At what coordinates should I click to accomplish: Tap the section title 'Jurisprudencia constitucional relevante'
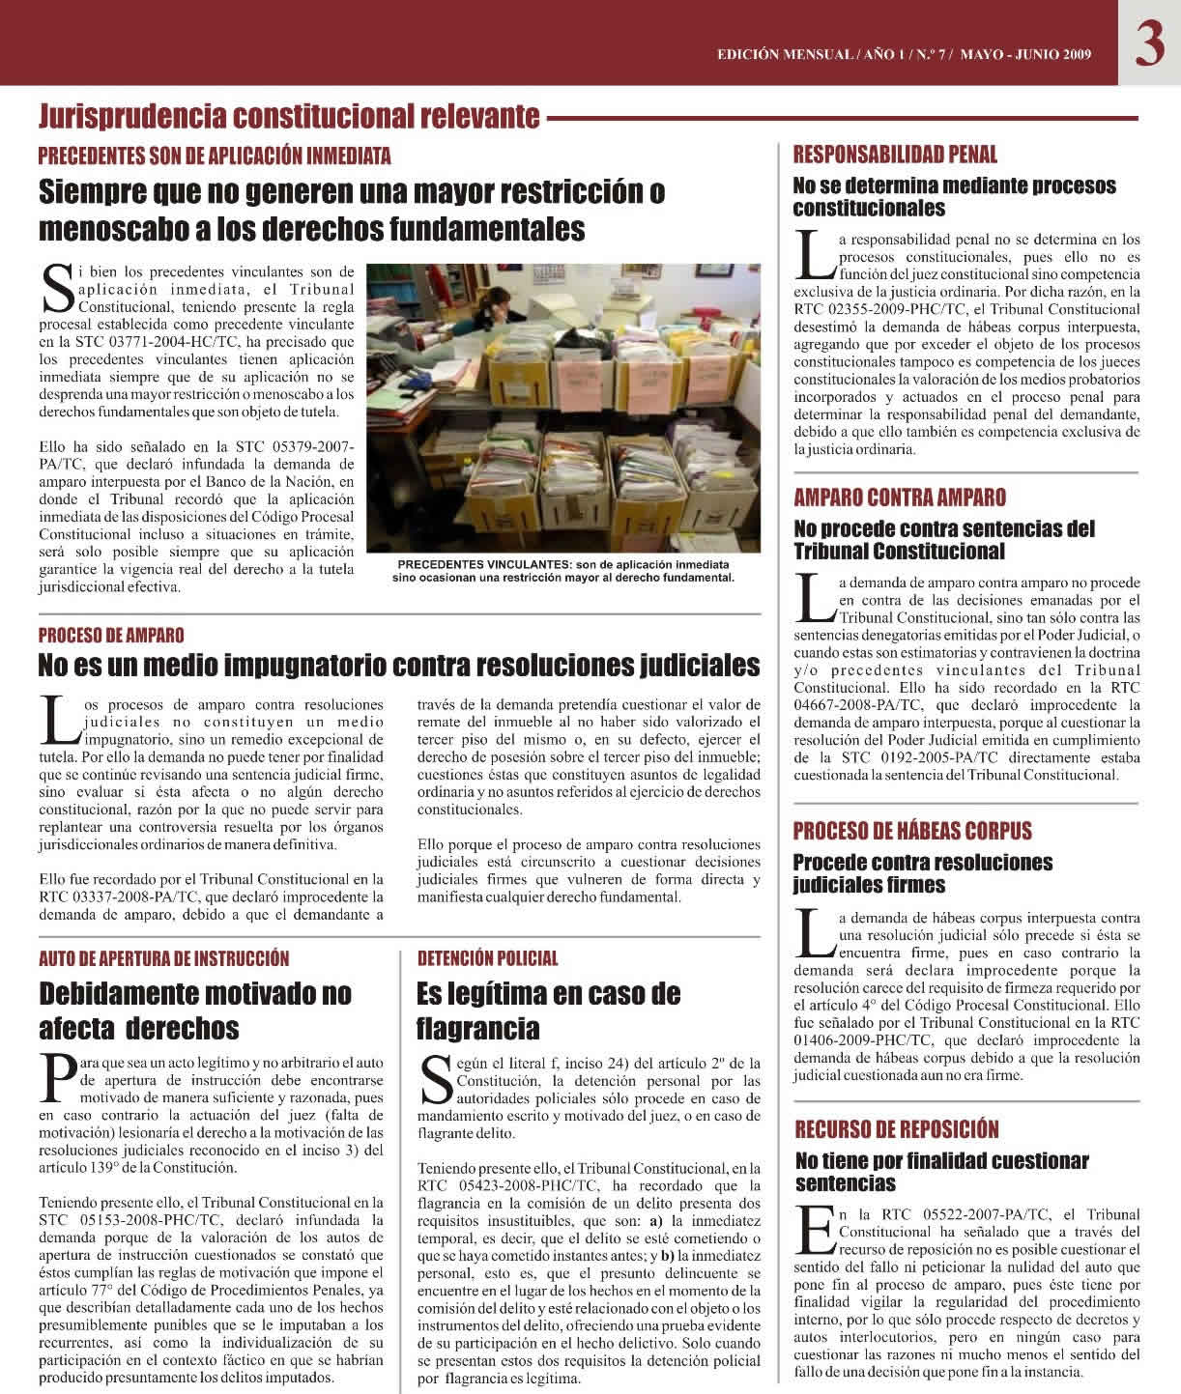click(x=288, y=117)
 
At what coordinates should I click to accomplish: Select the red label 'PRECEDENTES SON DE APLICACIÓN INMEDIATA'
click(x=215, y=156)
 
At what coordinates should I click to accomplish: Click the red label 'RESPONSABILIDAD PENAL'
click(x=895, y=155)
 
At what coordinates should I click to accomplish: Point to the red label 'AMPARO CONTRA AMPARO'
click(x=899, y=498)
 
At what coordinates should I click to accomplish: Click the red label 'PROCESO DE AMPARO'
click(x=111, y=636)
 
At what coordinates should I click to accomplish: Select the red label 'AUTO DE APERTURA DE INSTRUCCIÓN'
click(x=163, y=959)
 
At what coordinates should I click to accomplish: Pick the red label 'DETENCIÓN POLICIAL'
click(x=487, y=959)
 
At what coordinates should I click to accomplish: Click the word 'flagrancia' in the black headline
click(x=477, y=1027)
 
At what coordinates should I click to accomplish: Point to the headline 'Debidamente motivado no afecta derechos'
click(x=194, y=1010)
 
